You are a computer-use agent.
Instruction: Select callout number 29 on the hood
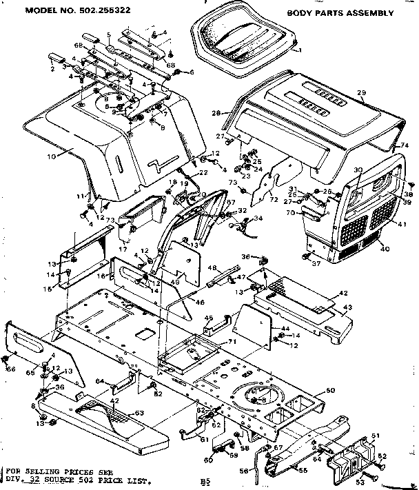pyautogui.click(x=361, y=92)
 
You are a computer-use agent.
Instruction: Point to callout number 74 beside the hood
pyautogui.click(x=405, y=146)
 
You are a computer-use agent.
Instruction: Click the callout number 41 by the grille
pyautogui.click(x=402, y=223)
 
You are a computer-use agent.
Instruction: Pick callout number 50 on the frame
pyautogui.click(x=330, y=391)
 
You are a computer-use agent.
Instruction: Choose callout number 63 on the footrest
pyautogui.click(x=139, y=413)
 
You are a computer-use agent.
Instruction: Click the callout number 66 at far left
pyautogui.click(x=10, y=369)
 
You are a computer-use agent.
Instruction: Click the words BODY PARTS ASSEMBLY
pyautogui.click(x=340, y=12)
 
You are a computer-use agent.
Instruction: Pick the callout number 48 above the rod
pyautogui.click(x=212, y=267)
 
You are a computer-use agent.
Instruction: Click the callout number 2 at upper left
pyautogui.click(x=52, y=70)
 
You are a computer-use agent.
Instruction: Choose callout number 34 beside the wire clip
pyautogui.click(x=258, y=218)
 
